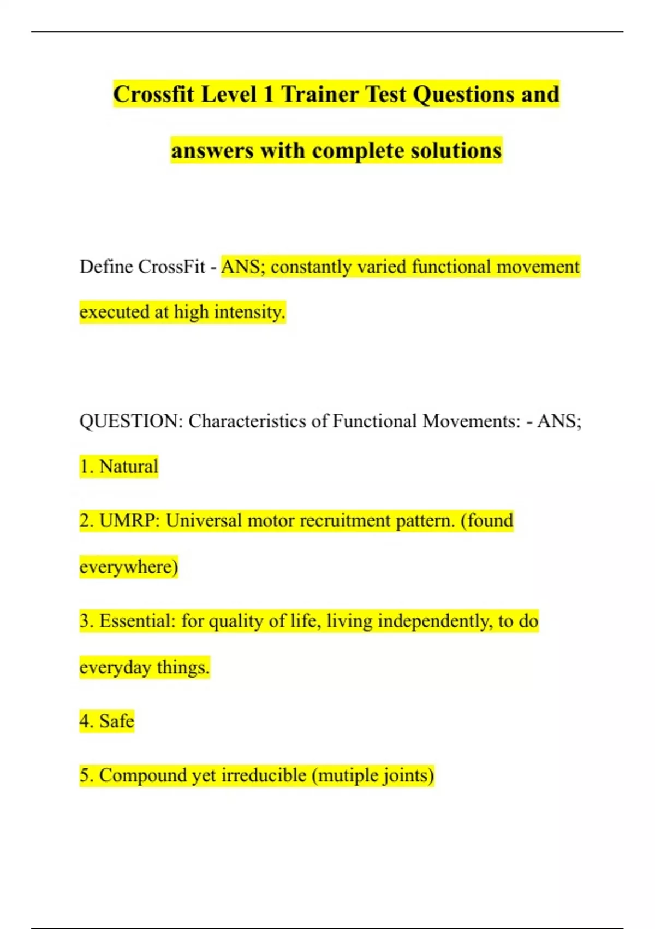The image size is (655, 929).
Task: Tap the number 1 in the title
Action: (x=268, y=94)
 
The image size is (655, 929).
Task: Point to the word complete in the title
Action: (x=358, y=151)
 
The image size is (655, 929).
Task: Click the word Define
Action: (x=106, y=267)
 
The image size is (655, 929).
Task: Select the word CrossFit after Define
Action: (x=171, y=267)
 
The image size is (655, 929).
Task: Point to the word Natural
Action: (x=129, y=467)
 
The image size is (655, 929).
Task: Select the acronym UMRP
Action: (x=129, y=520)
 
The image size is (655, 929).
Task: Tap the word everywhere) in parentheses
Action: (x=129, y=567)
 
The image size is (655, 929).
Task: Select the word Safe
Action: (x=117, y=721)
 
